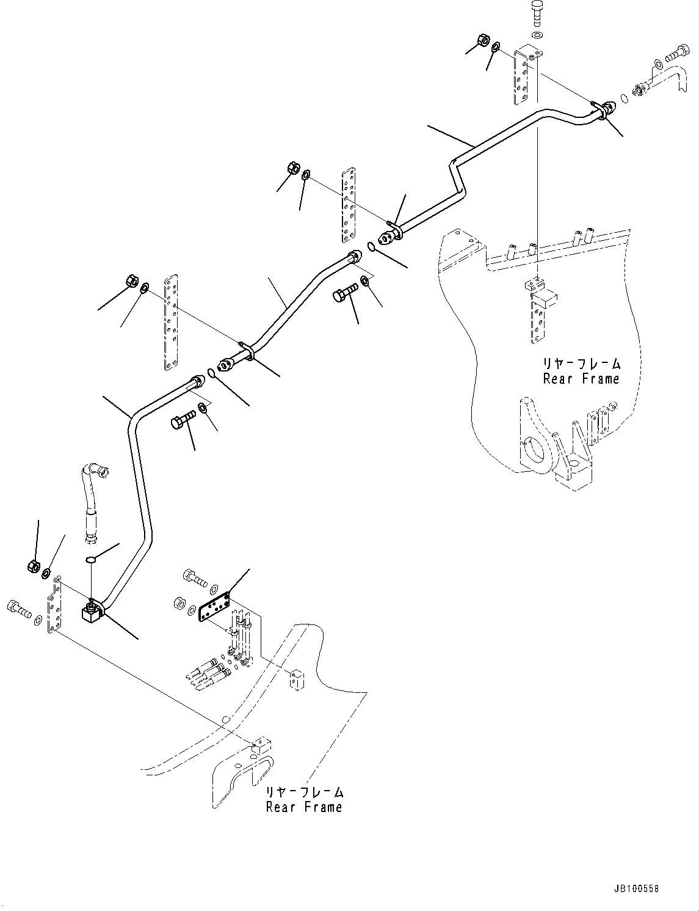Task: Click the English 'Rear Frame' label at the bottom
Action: (304, 807)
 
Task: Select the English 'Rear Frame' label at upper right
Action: (581, 379)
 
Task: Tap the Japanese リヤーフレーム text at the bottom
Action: (304, 792)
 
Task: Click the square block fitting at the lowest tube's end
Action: (90, 612)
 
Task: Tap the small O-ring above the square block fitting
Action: (90, 559)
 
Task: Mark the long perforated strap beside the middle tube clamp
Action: (170, 322)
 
